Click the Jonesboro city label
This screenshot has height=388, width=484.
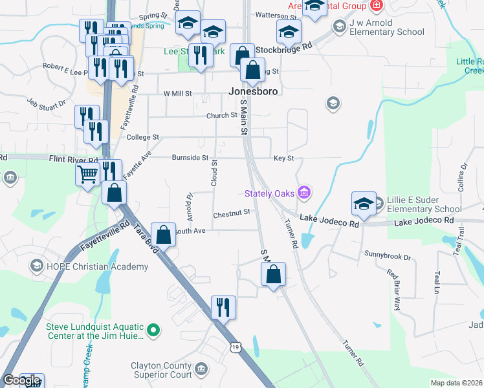point(254,91)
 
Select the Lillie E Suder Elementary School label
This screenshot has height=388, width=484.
point(424,204)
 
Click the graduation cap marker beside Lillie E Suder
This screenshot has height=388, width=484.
point(364,203)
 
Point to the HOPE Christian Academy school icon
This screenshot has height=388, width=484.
point(37,266)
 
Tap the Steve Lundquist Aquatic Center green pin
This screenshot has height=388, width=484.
point(153,331)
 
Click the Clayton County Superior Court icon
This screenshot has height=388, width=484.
point(201,369)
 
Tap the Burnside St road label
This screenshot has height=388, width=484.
point(190,158)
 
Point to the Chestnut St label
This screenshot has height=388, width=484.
point(231,214)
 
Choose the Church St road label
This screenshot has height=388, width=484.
point(222,115)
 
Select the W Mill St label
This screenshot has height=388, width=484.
point(178,93)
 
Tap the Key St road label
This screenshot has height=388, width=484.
point(283,158)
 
